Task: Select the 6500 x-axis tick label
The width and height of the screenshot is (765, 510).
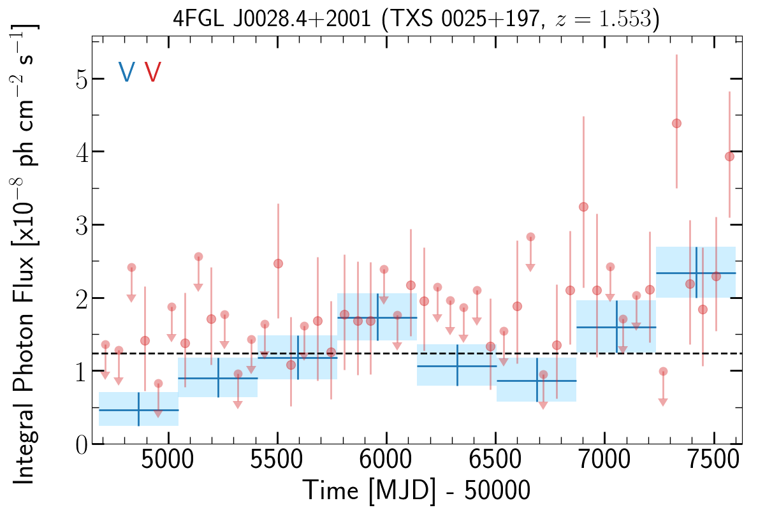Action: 495,463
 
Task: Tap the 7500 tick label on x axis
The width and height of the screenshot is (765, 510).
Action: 713,463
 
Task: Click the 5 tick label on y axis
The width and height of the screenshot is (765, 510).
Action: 80,79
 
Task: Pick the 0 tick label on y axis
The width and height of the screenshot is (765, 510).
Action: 80,444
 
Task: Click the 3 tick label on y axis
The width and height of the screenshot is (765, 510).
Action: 80,225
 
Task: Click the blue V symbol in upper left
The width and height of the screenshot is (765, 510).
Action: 126,72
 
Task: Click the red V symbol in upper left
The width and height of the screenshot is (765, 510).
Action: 152,72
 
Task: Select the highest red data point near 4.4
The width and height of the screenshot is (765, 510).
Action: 676,123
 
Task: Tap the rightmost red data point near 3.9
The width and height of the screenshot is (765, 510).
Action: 730,157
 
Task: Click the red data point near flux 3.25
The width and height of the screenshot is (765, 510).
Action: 583,207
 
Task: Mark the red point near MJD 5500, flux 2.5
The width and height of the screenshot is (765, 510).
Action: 278,263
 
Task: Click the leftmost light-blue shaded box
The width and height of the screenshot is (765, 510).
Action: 138,409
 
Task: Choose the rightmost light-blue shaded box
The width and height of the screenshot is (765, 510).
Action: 696,272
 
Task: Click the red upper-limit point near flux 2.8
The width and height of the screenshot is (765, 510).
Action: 530,237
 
